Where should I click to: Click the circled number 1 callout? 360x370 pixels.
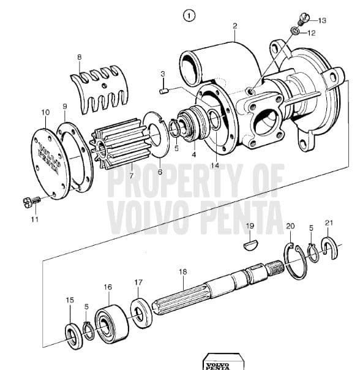click(189, 16)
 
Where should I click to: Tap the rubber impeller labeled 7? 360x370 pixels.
click(121, 144)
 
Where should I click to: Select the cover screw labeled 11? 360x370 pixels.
click(32, 202)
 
